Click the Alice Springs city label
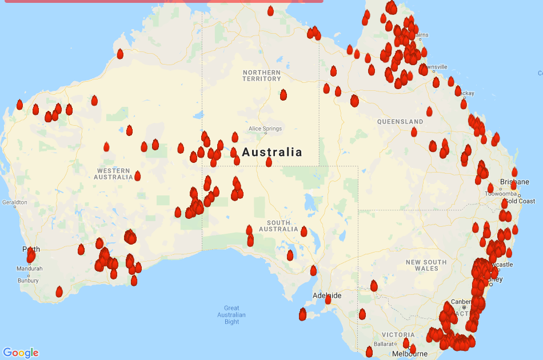click(265, 129)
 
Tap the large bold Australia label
click(272, 153)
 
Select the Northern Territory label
click(262, 75)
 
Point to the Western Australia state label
click(113, 174)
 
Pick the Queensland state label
click(400, 122)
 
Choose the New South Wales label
click(426, 265)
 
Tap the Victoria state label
click(398, 334)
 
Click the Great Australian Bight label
click(231, 315)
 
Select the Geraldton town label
click(14, 202)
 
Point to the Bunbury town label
click(28, 281)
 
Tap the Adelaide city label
click(327, 295)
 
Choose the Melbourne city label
click(410, 354)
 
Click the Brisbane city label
click(514, 182)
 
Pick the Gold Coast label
click(518, 201)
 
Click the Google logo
click(21, 353)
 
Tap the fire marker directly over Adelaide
click(328, 299)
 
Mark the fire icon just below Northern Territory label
click(284, 94)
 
